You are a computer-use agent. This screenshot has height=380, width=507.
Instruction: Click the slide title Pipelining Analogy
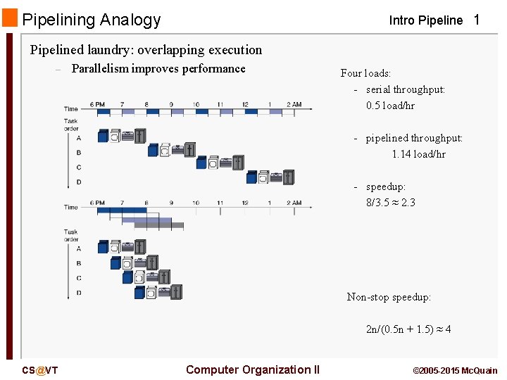[92, 20]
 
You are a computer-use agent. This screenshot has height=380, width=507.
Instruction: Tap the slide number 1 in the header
[477, 20]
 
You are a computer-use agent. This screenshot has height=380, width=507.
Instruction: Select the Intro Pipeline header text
[426, 20]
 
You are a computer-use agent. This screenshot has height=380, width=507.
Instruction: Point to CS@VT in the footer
[40, 370]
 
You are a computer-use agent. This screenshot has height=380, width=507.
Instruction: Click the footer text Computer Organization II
[253, 369]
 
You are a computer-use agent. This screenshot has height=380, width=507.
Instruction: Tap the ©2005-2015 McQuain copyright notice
[455, 370]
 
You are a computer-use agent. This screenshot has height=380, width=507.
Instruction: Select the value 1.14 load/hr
[418, 154]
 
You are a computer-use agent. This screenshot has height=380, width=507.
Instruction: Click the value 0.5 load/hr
[390, 106]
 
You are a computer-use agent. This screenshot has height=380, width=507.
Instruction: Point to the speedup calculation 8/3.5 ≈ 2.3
[390, 203]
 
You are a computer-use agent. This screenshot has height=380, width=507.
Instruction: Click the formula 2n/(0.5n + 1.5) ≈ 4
[408, 329]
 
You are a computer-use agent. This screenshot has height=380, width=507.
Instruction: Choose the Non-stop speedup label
[389, 297]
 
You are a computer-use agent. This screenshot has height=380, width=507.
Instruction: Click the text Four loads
[365, 73]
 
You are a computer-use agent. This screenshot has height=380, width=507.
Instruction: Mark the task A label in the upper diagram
[78, 138]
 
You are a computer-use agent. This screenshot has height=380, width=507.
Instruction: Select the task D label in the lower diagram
[78, 292]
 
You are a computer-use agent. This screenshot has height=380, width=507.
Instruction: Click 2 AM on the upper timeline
[294, 105]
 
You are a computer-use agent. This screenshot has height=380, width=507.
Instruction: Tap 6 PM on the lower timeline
[97, 203]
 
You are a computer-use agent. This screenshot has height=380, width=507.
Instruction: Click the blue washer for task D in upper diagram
[251, 178]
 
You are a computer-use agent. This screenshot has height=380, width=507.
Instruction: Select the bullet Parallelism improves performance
[158, 68]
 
